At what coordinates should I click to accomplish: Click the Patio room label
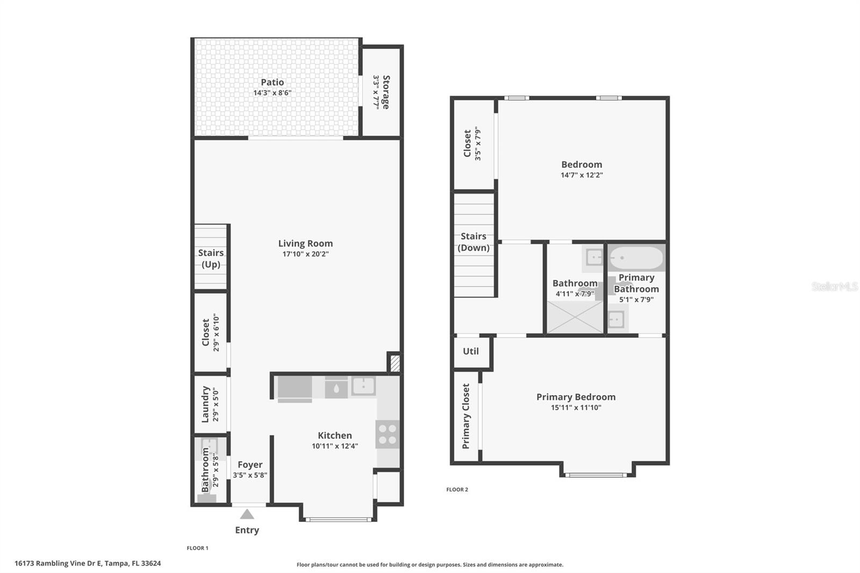[273, 82]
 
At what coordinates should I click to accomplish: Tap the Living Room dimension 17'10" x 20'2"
[305, 254]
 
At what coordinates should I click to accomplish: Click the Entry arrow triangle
[247, 514]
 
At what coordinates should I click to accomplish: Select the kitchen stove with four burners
[388, 434]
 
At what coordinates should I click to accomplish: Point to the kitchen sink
[363, 386]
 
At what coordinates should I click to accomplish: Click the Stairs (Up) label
[211, 258]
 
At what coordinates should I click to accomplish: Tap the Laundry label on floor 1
[205, 404]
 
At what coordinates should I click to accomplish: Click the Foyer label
[250, 464]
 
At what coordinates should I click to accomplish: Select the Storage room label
[386, 92]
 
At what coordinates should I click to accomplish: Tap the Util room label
[471, 351]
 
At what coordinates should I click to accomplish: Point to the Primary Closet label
[466, 416]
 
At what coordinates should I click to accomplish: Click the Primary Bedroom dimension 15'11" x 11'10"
[576, 407]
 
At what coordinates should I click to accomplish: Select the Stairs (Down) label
[474, 242]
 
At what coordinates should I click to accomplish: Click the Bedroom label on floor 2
[582, 164]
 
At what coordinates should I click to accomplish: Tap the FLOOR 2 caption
[457, 490]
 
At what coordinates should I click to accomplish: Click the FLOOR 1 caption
[197, 548]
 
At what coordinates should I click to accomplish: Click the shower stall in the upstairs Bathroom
[575, 317]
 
